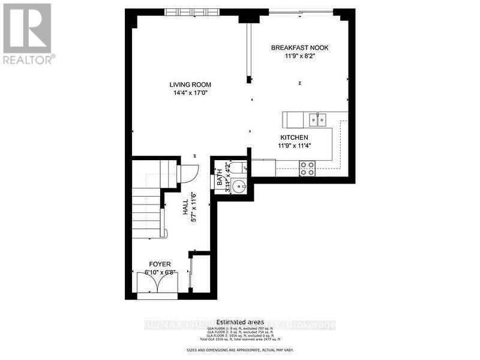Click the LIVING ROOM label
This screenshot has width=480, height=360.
tap(190, 85)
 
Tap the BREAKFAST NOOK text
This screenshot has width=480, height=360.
tap(299, 48)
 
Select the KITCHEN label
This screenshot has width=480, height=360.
tap(294, 137)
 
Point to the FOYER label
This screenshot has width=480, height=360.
tap(160, 264)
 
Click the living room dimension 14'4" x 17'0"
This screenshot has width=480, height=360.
tap(190, 93)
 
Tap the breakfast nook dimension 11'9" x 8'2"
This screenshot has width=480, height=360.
tap(299, 56)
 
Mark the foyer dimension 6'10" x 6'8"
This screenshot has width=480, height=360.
tap(160, 272)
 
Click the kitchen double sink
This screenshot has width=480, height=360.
tap(318, 120)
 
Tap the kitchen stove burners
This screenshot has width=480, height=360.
tap(307, 169)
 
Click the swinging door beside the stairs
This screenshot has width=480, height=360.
tap(185, 175)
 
